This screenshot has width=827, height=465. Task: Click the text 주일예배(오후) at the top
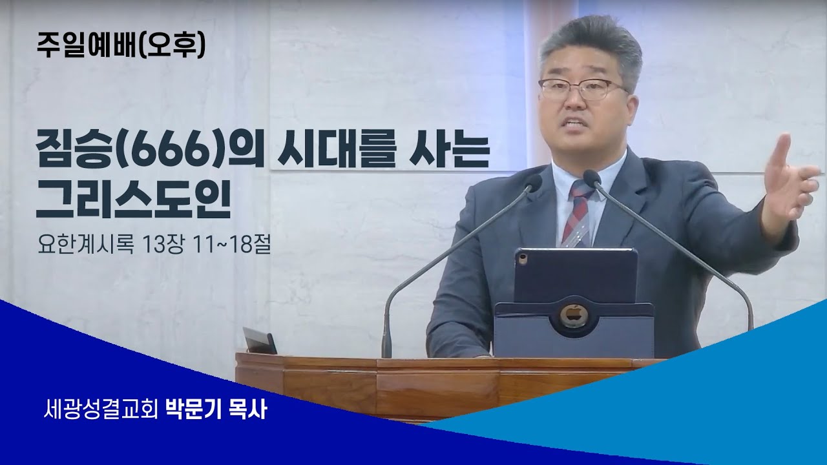[121, 46]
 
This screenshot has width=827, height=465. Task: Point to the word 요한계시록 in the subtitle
[86, 244]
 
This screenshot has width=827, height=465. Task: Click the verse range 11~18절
[229, 244]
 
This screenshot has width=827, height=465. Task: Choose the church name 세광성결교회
[101, 409]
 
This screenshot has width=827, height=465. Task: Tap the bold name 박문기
[192, 409]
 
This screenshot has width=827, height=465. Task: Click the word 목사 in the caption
[249, 409]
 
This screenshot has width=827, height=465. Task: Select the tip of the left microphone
[532, 181]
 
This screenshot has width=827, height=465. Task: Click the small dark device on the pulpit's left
[260, 340]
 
